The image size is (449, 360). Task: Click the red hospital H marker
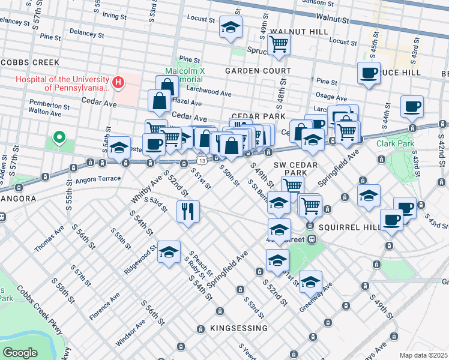coord(118,82)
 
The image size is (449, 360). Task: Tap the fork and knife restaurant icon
coord(188,211)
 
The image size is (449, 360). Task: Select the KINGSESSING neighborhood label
coord(238,328)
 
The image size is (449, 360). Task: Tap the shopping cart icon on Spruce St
coord(279,43)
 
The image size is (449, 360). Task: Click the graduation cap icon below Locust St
coord(229,28)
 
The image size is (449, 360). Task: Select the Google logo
coord(20,353)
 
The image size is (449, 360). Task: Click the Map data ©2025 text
coord(423,355)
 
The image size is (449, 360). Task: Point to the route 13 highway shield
coord(201,160)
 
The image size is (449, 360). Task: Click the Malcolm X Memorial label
coord(185,75)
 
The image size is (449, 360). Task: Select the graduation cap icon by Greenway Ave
coord(310,281)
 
